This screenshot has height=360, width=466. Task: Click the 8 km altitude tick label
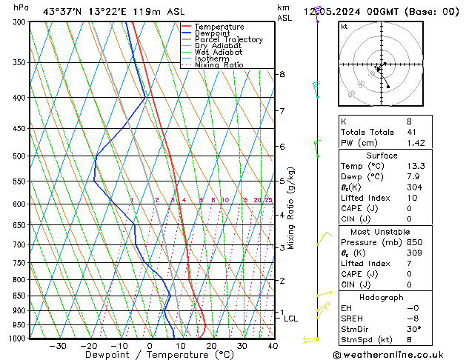click(x=282, y=74)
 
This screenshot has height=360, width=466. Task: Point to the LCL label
click(x=290, y=319)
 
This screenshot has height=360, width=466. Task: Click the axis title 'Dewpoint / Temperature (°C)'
click(x=149, y=355)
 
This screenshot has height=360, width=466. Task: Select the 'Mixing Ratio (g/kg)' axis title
click(x=291, y=208)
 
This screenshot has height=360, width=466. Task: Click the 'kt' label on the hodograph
click(x=344, y=26)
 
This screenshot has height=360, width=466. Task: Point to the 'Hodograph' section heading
click(x=382, y=297)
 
